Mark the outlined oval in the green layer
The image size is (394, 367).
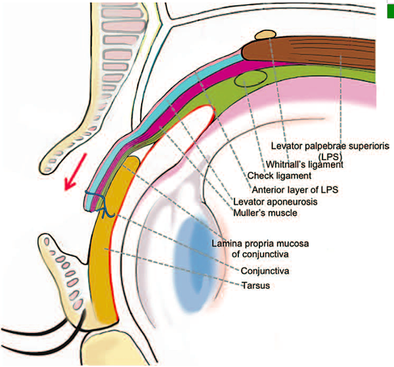point(252,79)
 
